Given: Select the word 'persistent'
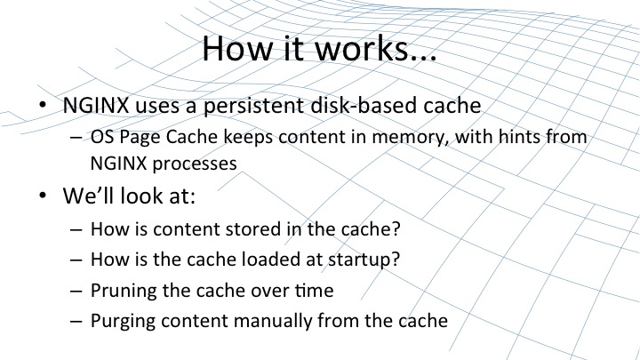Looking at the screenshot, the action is coord(254,106).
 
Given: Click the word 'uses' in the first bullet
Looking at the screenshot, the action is coord(157,106).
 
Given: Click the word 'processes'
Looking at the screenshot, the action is coord(195,164).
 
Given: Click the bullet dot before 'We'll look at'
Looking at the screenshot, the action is coord(43,196).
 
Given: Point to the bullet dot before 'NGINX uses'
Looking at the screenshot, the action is coord(43,105).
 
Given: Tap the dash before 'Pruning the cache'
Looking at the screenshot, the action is coord(76,292).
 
